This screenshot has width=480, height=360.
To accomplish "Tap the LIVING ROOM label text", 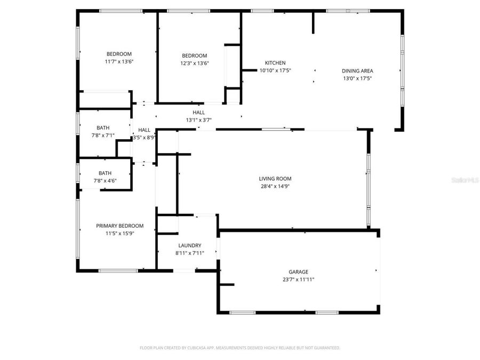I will (x=275, y=179).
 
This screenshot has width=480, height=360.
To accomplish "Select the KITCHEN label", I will (x=275, y=63).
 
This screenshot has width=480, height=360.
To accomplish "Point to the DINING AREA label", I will (x=357, y=71).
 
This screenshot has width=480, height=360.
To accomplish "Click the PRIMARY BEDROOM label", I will (x=119, y=226).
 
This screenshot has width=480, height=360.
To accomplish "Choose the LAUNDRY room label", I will (x=189, y=245).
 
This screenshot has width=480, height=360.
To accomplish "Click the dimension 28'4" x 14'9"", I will (x=275, y=186).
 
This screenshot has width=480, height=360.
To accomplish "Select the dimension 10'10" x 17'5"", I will (x=275, y=70).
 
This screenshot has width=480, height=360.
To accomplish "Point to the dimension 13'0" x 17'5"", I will (x=357, y=78).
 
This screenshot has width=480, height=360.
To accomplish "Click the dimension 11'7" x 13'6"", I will (x=119, y=61).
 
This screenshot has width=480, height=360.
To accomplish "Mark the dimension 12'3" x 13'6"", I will (x=194, y=63).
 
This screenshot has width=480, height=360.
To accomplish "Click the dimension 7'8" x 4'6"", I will (x=105, y=180).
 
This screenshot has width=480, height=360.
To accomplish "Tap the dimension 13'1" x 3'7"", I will (x=198, y=120).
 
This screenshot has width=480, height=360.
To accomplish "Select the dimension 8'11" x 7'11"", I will (x=189, y=253).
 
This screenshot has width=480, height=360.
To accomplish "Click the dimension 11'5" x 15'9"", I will (x=119, y=233).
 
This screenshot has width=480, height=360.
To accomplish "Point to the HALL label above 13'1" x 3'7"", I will (x=198, y=113).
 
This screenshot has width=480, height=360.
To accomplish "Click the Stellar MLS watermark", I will (x=465, y=181).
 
